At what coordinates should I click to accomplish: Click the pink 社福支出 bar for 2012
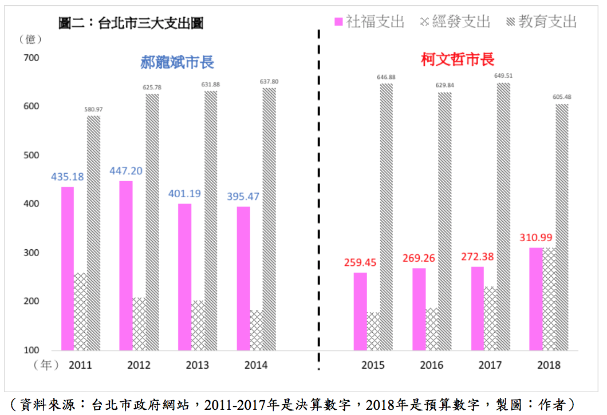126,265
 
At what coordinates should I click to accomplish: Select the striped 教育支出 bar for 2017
503,217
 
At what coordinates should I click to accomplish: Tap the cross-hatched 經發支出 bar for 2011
81,312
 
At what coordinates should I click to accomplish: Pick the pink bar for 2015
360,312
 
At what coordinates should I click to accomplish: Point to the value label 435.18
68,177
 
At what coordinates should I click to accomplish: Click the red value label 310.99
535,238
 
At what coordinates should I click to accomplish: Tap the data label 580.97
93,109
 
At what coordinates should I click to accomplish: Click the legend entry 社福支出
369,22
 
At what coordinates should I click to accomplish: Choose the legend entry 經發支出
455,22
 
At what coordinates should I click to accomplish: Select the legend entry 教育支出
541,22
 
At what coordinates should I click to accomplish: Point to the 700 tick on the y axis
31,58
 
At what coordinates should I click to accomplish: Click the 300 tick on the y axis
31,253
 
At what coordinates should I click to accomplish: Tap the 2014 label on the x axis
255,365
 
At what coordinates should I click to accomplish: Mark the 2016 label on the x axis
431,365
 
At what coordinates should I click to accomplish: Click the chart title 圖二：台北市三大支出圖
131,23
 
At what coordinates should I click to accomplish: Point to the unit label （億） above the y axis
30,39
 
